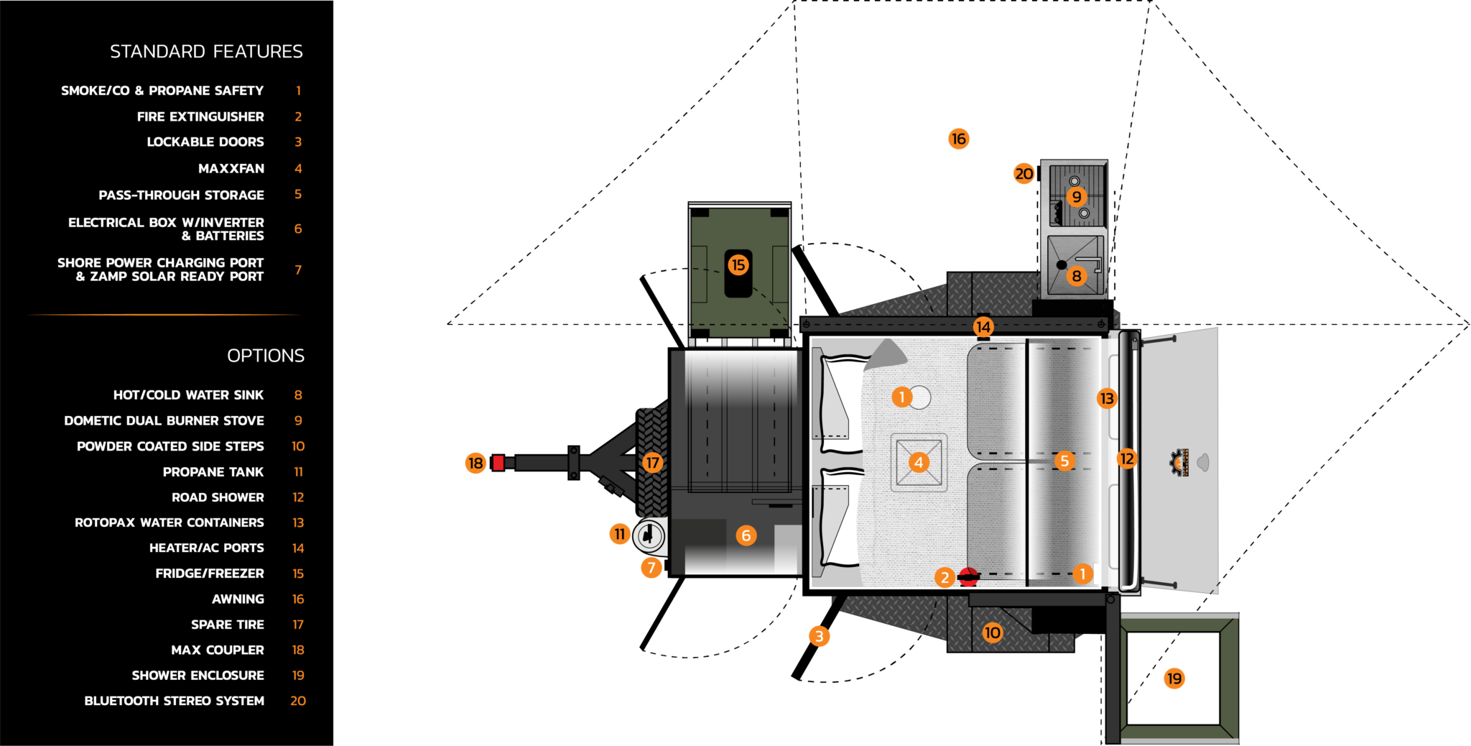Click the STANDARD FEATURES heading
tap(206, 52)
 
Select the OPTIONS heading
tap(266, 356)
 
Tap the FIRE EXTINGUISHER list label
tap(200, 116)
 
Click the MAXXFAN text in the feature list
tap(231, 169)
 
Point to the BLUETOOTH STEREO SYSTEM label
tap(174, 701)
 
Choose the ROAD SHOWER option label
tap(218, 497)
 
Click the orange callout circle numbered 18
tap(475, 464)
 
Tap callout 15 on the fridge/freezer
tap(738, 264)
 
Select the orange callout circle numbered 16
tap(958, 139)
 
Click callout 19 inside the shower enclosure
tap(1174, 678)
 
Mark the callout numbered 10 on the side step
tap(992, 632)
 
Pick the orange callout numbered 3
tap(819, 636)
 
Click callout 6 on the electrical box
tap(746, 535)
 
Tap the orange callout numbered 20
tap(1024, 173)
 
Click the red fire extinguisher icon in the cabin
tap(969, 576)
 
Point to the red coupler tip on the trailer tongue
tap(498, 464)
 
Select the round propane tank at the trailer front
tap(649, 536)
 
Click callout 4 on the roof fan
tap(919, 462)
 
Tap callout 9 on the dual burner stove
tap(1076, 196)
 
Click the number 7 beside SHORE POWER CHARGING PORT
tap(298, 270)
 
